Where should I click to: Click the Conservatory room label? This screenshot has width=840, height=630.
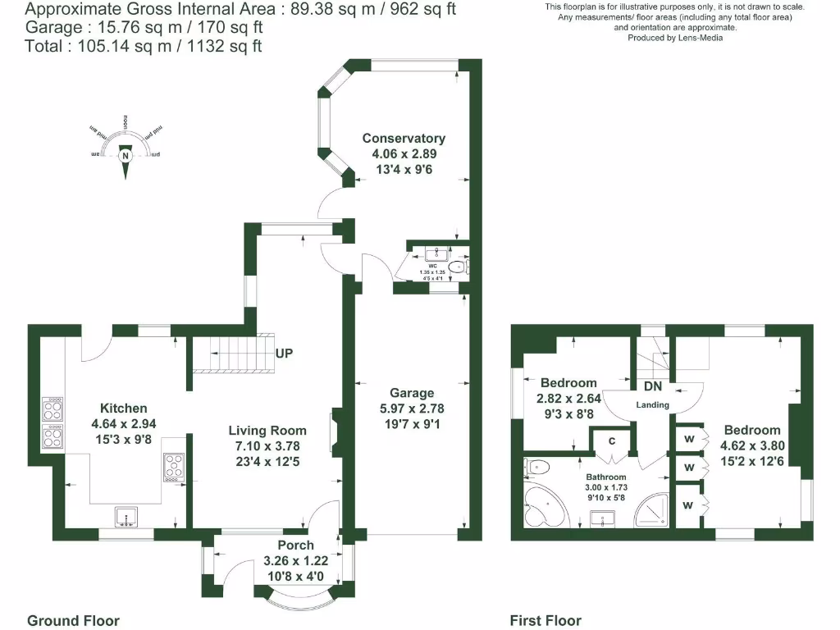(x=404, y=139)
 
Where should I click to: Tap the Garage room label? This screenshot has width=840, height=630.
(x=412, y=393)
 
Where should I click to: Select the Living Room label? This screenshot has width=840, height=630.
(x=267, y=431)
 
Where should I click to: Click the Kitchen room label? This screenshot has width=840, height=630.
(x=124, y=409)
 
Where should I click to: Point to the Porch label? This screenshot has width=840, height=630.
(x=295, y=546)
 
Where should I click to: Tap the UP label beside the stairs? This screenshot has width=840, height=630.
(x=285, y=354)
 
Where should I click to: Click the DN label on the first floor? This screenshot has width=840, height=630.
(x=653, y=386)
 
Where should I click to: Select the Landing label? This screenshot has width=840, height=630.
(x=653, y=404)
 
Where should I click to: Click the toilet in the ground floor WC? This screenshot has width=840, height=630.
(x=458, y=266)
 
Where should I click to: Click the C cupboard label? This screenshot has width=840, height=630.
(x=611, y=441)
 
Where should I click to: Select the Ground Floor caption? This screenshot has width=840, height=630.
(x=73, y=621)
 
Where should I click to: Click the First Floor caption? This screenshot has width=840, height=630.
(x=546, y=621)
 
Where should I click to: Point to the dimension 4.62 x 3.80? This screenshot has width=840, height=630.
(x=751, y=446)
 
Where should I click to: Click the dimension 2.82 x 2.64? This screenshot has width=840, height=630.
(x=568, y=399)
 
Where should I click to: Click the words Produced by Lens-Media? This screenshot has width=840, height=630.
(x=674, y=38)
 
